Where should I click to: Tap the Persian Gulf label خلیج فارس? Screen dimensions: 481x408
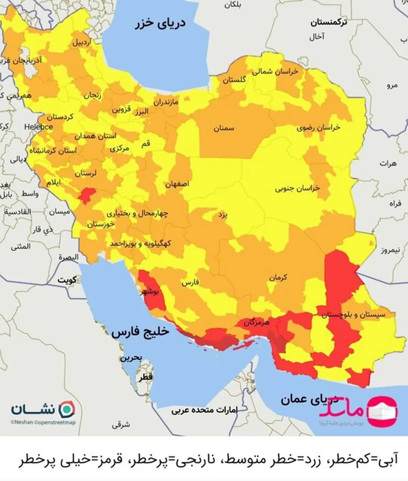[x=140, y=332]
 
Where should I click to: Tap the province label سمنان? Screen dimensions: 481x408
[x=224, y=129]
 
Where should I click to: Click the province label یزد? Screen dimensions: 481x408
[x=223, y=215]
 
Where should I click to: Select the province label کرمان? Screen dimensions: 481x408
[x=278, y=278]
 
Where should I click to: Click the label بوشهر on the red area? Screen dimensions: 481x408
[x=150, y=292]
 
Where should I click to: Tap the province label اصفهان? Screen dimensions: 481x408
[x=177, y=184]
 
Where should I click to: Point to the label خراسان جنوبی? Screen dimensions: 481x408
[x=297, y=188]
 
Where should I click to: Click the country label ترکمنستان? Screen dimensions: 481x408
[x=328, y=23]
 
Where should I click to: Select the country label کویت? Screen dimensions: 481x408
[x=67, y=281]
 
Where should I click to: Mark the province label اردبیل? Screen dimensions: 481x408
[x=81, y=42]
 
